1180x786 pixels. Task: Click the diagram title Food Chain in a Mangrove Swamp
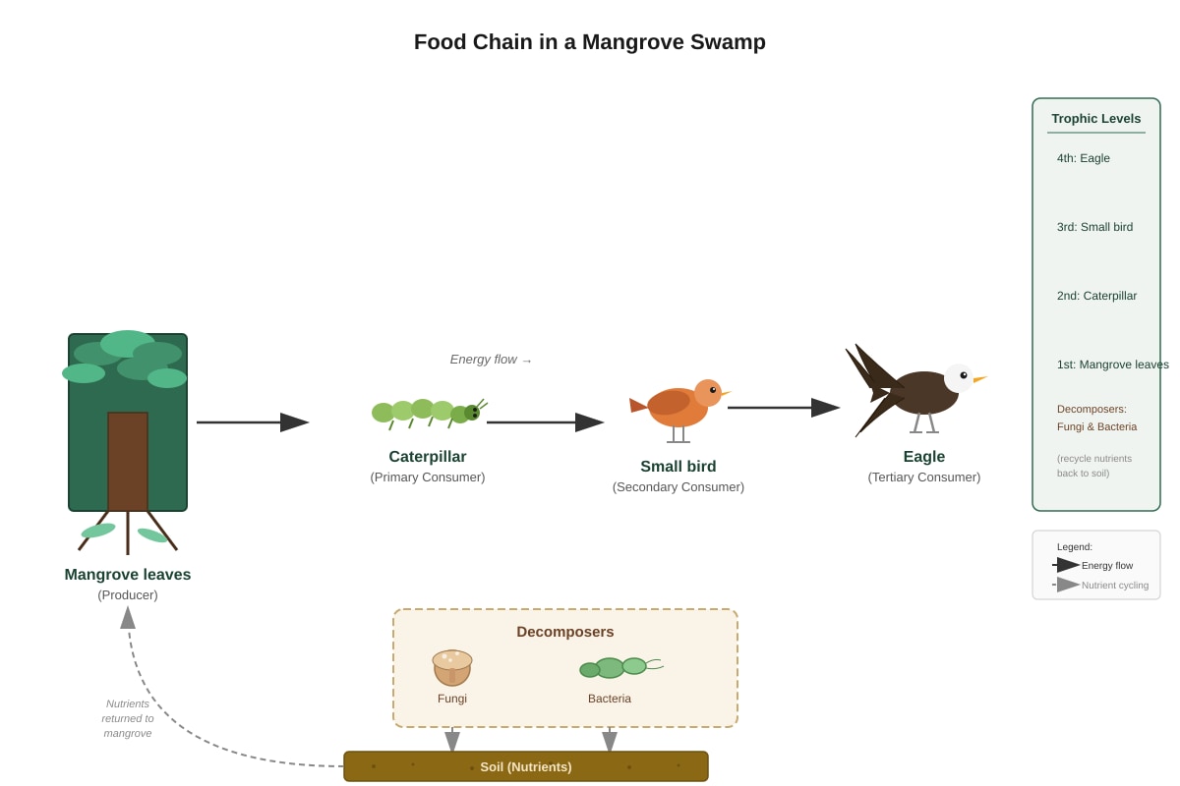(589, 42)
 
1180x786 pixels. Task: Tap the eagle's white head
(958, 378)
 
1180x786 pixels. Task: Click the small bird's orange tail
(638, 406)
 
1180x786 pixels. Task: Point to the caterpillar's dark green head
(472, 413)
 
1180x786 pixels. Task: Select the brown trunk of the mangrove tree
(128, 461)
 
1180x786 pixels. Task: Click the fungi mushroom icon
(452, 667)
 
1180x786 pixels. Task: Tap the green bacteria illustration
(621, 667)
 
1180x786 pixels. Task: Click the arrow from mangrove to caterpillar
(253, 422)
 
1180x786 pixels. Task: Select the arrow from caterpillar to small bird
(545, 422)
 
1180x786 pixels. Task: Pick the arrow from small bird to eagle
(784, 408)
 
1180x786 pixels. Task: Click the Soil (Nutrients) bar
(526, 766)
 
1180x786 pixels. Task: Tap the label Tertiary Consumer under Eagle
(924, 477)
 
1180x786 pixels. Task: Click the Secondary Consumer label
(678, 487)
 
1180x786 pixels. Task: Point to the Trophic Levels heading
(1095, 119)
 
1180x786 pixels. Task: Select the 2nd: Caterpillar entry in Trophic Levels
(1096, 296)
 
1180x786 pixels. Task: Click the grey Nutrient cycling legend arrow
(1066, 585)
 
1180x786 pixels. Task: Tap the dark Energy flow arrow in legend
(1066, 565)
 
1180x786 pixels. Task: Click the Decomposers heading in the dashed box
(564, 632)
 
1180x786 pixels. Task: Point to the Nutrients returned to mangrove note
(128, 718)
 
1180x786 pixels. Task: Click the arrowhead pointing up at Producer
(128, 618)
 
